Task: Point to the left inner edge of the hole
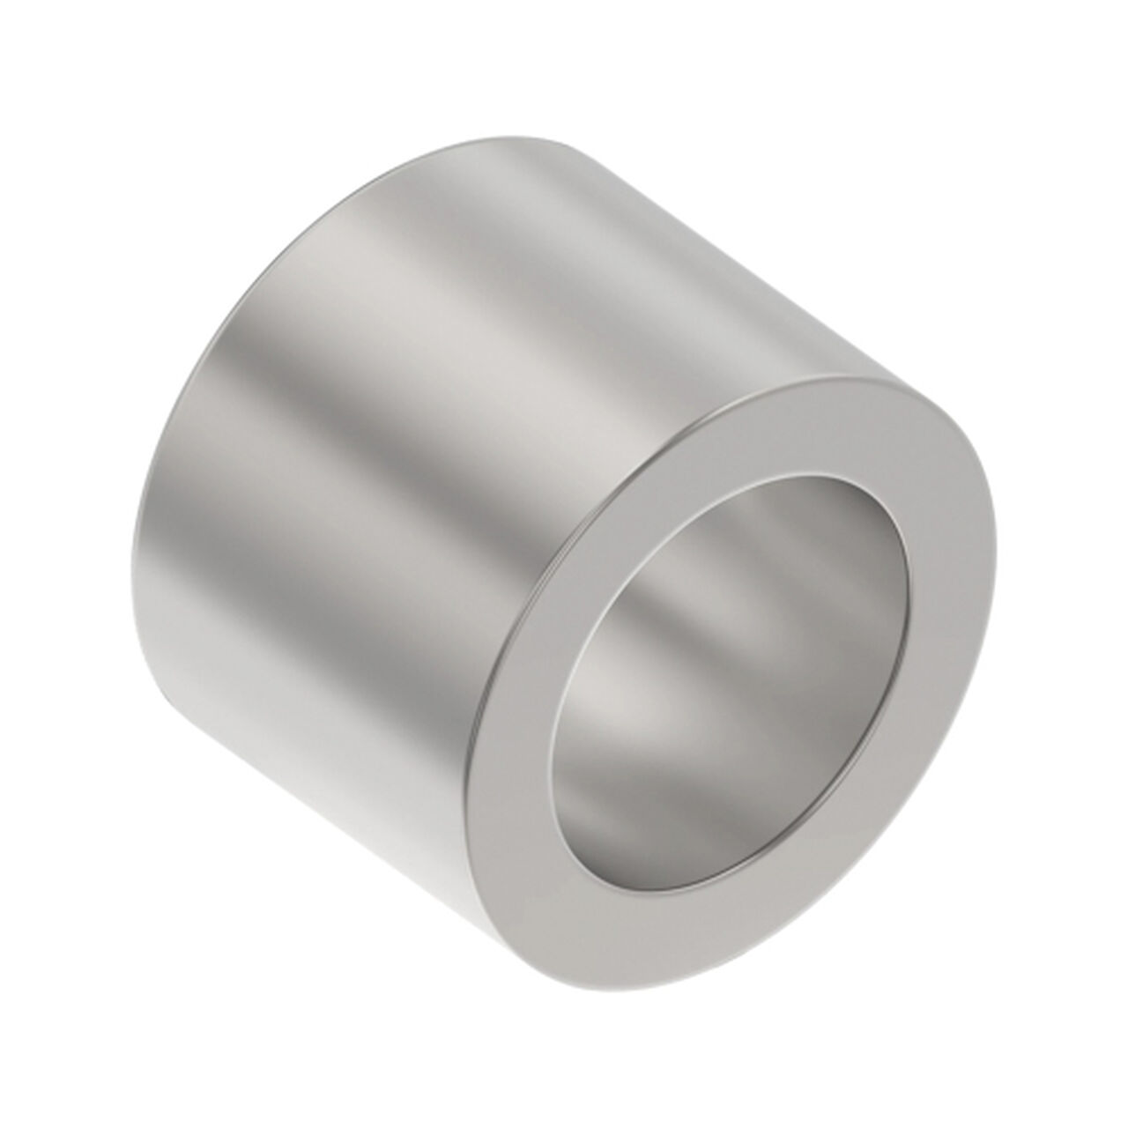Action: click(x=553, y=696)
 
